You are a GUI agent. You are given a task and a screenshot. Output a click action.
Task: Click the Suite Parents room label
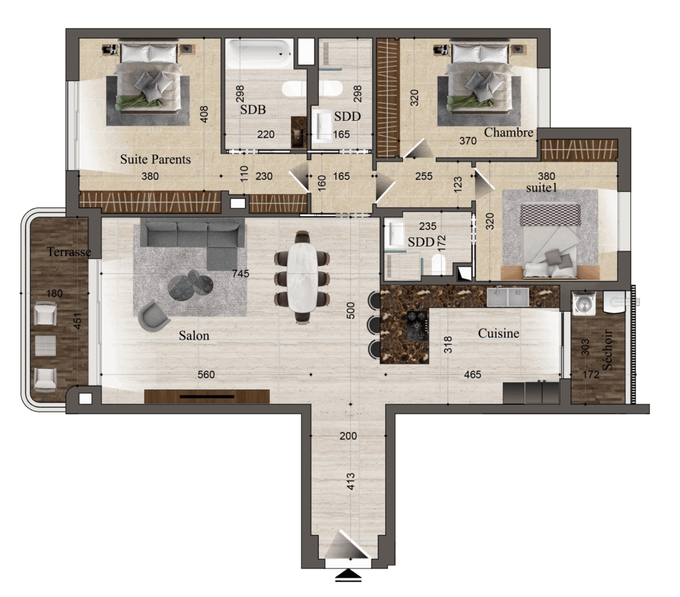click(x=155, y=160)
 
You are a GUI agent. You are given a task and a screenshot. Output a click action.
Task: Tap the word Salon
click(x=194, y=336)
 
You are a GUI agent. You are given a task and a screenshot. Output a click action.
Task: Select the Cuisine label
click(x=498, y=333)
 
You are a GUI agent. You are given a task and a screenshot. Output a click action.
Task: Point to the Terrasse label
click(x=69, y=252)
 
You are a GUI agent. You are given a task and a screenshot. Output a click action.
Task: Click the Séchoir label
click(x=608, y=350)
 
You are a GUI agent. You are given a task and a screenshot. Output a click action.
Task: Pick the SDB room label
click(x=253, y=110)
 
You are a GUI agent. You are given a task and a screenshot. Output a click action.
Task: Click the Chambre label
click(x=508, y=132)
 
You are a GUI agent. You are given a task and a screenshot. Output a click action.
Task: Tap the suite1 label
click(x=541, y=187)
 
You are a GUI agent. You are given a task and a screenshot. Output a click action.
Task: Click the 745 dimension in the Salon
click(x=240, y=273)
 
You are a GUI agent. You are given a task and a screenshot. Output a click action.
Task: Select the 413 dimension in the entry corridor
click(x=351, y=481)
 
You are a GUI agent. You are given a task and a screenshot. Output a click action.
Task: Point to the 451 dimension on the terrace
click(x=78, y=321)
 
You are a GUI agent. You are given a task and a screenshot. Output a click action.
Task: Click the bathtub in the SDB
click(x=260, y=54)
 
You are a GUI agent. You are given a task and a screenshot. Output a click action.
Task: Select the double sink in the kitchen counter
click(x=508, y=297)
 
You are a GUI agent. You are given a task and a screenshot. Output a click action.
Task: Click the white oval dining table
click(x=303, y=277)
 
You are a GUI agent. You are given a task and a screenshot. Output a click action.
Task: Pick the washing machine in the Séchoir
click(x=583, y=304)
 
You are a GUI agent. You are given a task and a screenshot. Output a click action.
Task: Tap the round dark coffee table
click(x=191, y=286)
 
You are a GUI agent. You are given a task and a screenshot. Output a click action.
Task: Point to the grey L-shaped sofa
click(x=196, y=241)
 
